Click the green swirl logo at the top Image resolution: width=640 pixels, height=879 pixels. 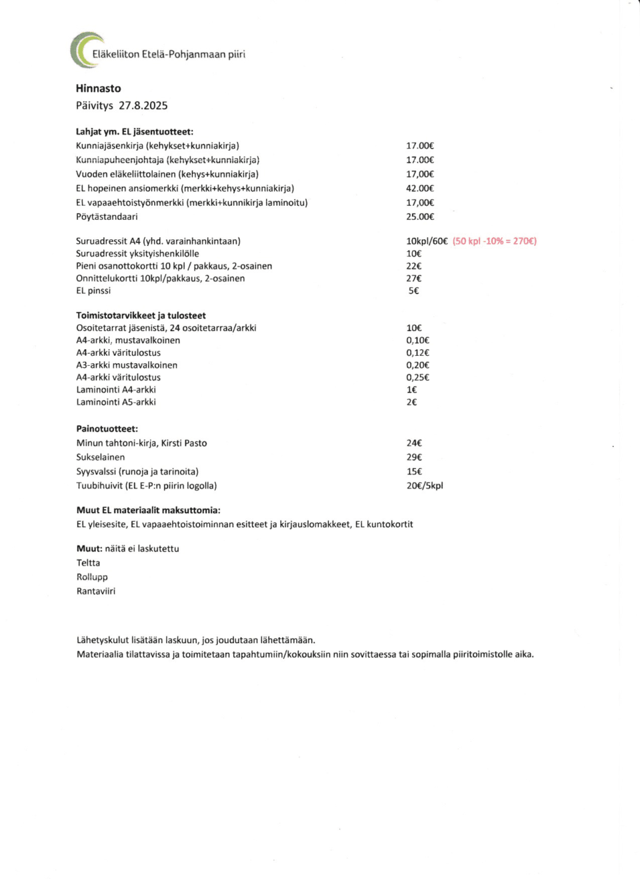pos(85,50)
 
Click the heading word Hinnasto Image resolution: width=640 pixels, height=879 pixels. pos(98,89)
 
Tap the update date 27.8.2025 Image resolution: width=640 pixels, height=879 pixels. pos(143,106)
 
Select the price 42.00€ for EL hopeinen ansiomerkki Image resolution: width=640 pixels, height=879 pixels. pos(420,189)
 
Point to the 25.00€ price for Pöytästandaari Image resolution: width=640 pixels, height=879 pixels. pos(420,217)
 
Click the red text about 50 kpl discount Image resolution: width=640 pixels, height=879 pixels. pos(494,241)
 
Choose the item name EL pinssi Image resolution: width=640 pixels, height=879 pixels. pos(93,291)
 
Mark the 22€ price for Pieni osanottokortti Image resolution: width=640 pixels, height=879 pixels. pos(414,267)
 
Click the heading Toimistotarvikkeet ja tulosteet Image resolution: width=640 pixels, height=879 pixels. pos(141,316)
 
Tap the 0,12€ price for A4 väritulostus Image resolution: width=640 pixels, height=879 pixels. pos(418,353)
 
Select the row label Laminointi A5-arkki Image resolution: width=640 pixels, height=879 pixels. pos(116,403)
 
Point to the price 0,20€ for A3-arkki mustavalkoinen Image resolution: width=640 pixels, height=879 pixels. pos(418,365)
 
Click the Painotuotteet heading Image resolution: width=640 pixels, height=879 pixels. pos(107,429)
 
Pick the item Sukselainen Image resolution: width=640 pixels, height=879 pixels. pos(100,458)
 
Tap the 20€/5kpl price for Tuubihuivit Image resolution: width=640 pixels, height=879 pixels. pos(425,486)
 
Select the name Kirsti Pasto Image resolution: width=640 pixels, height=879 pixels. pos(184,443)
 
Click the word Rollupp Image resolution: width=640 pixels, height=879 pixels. pos(92,577)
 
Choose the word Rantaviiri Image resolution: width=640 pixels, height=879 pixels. pos(95,592)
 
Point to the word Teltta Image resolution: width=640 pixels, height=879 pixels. pos(88,563)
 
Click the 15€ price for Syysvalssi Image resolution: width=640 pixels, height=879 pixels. pos(414,472)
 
